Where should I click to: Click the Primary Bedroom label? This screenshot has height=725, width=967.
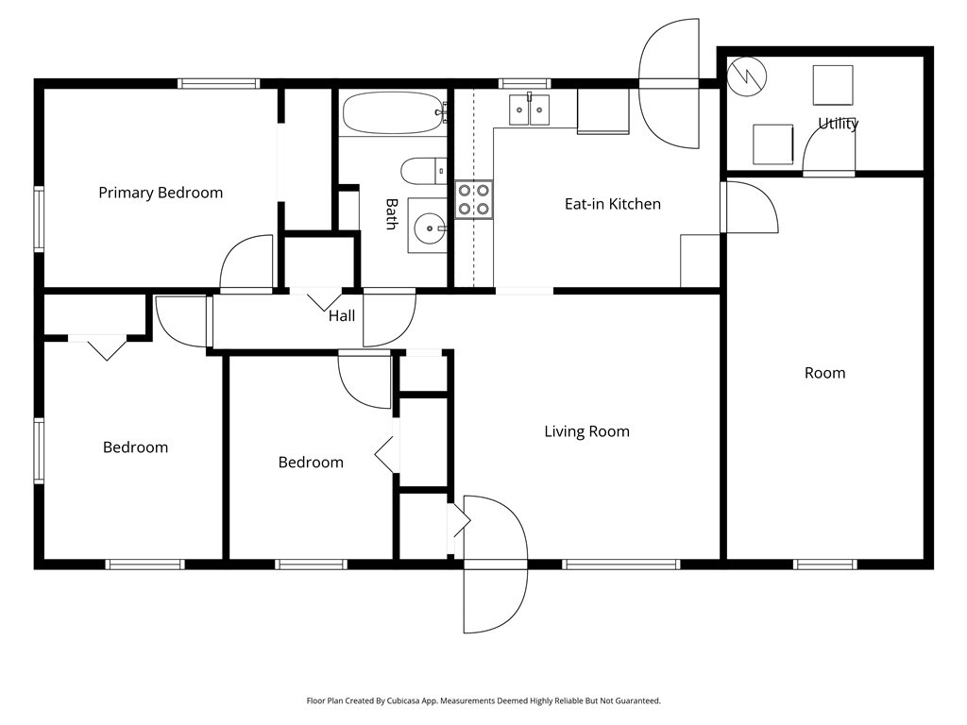(x=161, y=193)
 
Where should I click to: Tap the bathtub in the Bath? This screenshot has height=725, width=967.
(x=393, y=113)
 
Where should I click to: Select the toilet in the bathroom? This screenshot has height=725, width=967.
(x=423, y=172)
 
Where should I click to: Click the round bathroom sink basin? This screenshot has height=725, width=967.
(x=430, y=228)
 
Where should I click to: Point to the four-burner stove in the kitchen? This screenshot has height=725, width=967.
(x=474, y=200)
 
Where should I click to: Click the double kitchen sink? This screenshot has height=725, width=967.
(x=529, y=110)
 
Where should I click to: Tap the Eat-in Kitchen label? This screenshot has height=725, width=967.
(x=612, y=204)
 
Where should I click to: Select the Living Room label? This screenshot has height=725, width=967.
(x=586, y=431)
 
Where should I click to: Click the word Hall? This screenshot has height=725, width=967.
(x=342, y=316)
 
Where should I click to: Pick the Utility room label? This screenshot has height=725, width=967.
(x=839, y=124)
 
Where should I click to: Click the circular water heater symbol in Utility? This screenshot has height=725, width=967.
(x=746, y=76)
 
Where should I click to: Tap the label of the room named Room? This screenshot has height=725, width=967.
(x=824, y=373)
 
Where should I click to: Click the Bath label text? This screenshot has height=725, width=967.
(x=391, y=214)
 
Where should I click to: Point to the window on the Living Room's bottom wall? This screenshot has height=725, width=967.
(x=621, y=565)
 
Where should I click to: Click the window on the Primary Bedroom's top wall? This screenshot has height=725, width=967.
(x=219, y=84)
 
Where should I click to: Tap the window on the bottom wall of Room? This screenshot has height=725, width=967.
(x=825, y=565)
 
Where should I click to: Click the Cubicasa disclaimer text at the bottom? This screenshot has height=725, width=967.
(x=483, y=701)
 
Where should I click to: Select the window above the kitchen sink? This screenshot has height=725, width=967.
(x=524, y=84)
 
